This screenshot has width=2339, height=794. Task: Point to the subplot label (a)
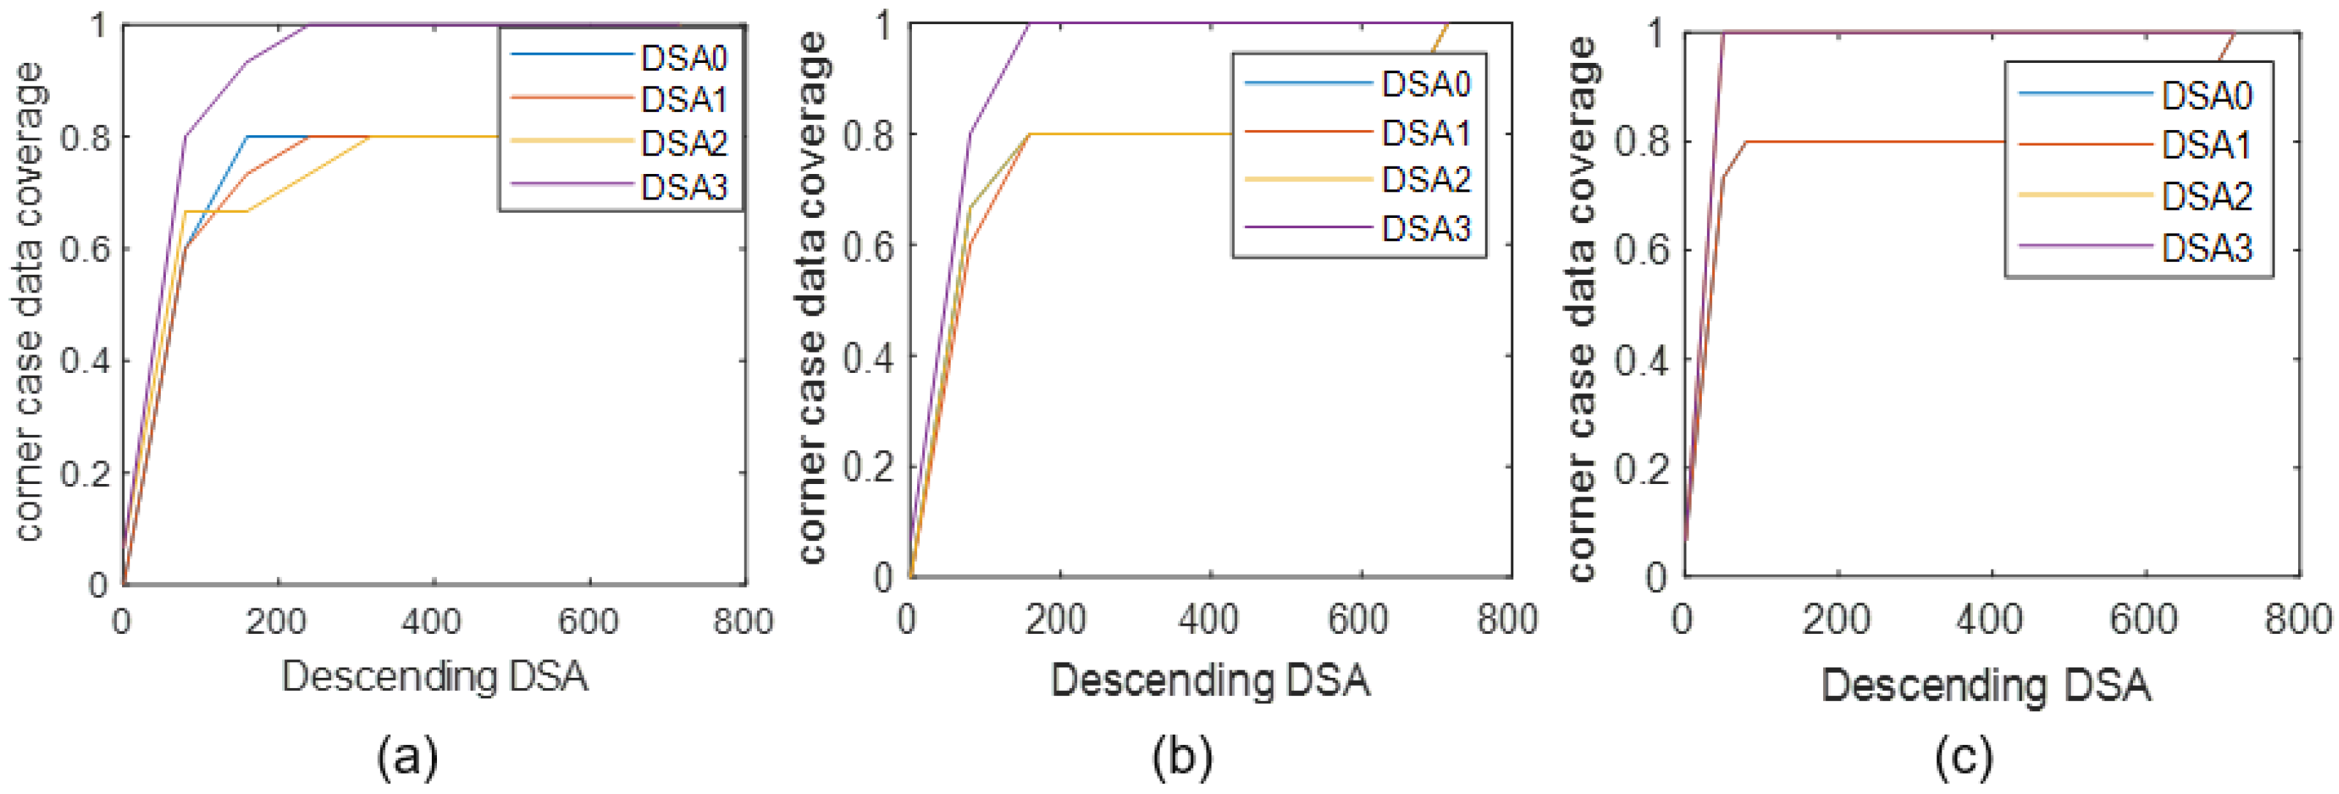click(x=407, y=756)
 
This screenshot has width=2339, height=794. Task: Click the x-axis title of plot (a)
click(x=434, y=678)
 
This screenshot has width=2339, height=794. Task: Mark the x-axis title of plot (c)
click(x=1986, y=685)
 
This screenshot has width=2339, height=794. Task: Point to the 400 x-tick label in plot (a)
click(x=432, y=622)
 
